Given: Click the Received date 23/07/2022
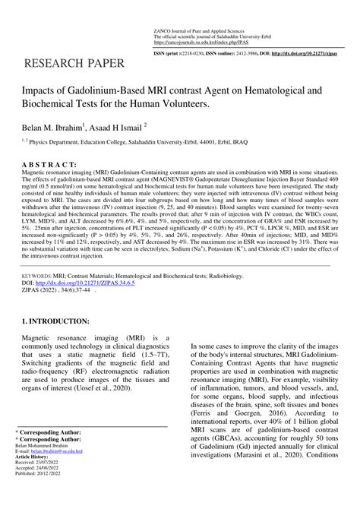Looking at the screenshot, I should [43, 482].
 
